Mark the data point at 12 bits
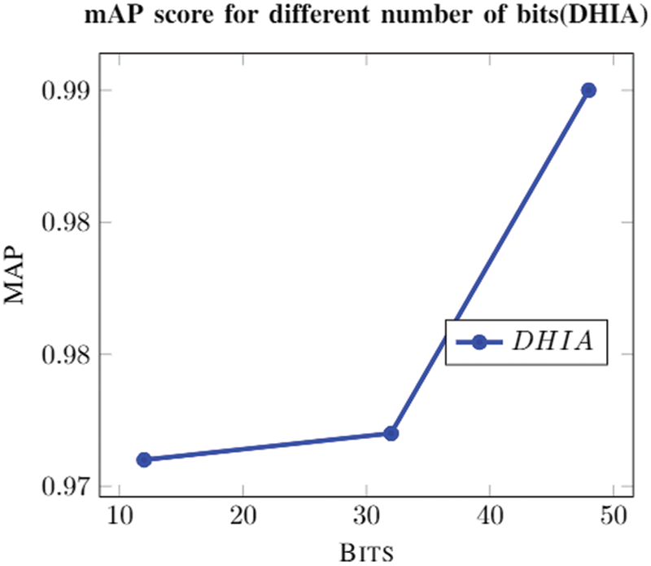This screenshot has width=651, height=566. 144,459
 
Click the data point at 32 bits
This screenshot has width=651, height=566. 391,433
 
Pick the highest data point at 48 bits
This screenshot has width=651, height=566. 588,90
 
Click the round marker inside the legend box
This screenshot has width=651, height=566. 480,342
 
